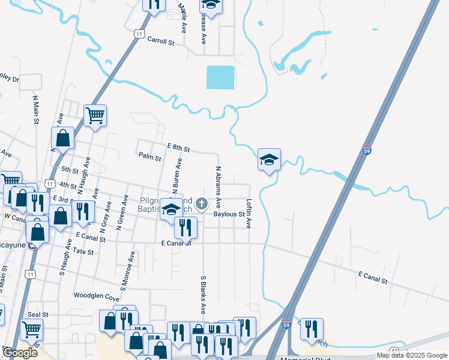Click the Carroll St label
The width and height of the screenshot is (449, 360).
coord(161,43)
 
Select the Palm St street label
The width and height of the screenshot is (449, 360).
coord(150,158)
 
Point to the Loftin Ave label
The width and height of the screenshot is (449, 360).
coord(248,214)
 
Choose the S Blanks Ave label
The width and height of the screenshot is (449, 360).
coord(203,295)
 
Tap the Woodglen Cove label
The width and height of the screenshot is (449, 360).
coord(97,296)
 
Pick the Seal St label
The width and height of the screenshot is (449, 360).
coord(37,314)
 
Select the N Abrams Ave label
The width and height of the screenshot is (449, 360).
coord(218,187)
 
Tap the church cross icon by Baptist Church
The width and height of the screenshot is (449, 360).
coord(202,205)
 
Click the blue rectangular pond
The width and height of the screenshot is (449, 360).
coord(220,77)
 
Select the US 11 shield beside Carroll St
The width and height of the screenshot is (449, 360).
coord(139,35)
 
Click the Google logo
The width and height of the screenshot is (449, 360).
coord(20,353)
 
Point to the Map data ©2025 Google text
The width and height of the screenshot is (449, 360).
coord(411,355)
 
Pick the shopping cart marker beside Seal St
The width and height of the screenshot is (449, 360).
coord(32,329)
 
